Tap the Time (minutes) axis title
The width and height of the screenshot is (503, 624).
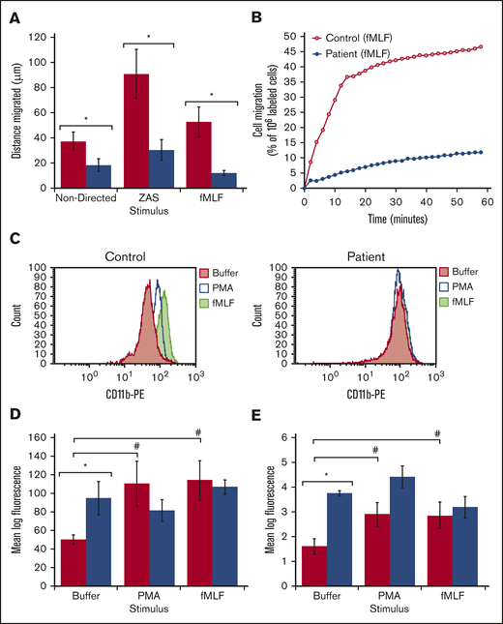[396, 220]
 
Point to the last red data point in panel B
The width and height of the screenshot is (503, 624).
[480, 46]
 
